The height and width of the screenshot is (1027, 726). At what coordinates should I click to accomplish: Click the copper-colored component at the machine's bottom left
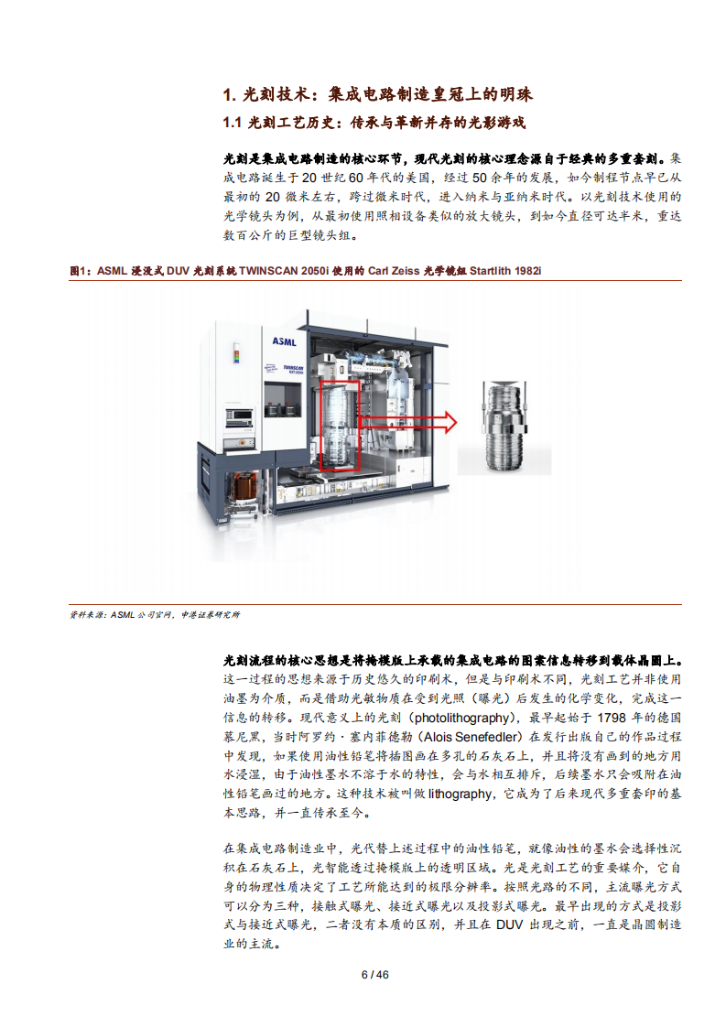pos(244,483)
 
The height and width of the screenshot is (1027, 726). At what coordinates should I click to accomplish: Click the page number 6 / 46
pos(375,974)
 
